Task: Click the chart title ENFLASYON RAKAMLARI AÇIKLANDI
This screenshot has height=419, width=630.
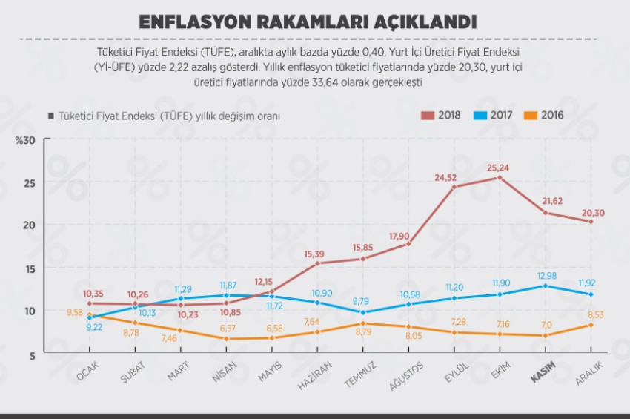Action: (308, 22)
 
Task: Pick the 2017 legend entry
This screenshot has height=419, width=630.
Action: (497, 115)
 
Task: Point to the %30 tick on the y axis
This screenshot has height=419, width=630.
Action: (24, 140)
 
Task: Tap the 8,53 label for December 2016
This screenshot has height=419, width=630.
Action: (595, 314)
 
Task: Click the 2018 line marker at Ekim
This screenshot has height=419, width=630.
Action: (500, 178)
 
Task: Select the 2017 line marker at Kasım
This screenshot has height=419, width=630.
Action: (545, 286)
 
